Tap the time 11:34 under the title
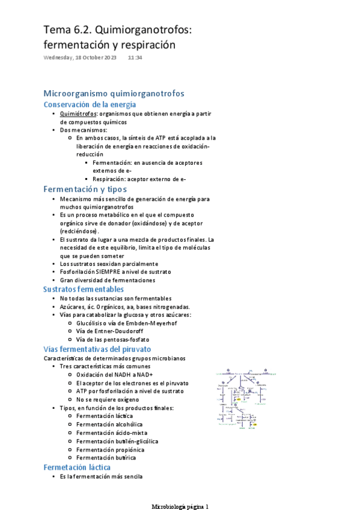[135, 58]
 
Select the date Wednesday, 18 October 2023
[79, 58]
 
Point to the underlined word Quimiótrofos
[79, 114]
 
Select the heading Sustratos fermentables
[92, 289]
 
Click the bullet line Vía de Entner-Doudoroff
[109, 331]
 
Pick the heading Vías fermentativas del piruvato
[97, 349]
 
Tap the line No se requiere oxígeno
[108, 399]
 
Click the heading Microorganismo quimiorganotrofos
[114, 93]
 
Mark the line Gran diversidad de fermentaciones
[107, 280]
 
